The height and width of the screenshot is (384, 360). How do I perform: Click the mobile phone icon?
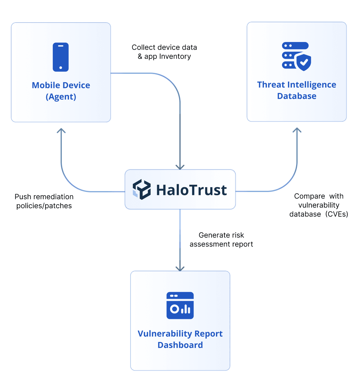pos(61,57)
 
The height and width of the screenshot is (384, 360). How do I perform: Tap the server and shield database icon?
pos(296,56)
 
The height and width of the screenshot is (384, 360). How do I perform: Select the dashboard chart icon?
pos(180,305)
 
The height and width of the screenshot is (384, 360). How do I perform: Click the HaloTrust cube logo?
pos(142,190)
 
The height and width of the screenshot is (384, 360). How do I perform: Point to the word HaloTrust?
pos(191,190)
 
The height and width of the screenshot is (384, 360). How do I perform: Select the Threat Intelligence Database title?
pos(296,90)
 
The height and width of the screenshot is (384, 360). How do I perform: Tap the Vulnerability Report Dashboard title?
pos(180,339)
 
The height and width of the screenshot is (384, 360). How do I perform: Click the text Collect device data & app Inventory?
pos(164,52)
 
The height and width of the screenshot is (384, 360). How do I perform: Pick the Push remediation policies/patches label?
pos(44,201)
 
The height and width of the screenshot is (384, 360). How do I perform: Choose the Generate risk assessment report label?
pos(221,240)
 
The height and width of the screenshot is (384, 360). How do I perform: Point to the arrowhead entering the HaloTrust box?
pos(180,167)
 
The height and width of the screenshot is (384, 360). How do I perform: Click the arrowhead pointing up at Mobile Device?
pos(61,130)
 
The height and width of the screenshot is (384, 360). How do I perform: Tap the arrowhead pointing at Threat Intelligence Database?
pos(297,130)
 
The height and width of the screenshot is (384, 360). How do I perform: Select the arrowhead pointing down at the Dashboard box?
pos(180,268)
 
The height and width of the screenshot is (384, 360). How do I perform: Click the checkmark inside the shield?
pos(304,62)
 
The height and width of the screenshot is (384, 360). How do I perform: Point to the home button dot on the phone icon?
pos(61,68)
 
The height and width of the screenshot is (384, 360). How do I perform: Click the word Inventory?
pos(175,56)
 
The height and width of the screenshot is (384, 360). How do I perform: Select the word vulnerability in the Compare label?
pos(319,205)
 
